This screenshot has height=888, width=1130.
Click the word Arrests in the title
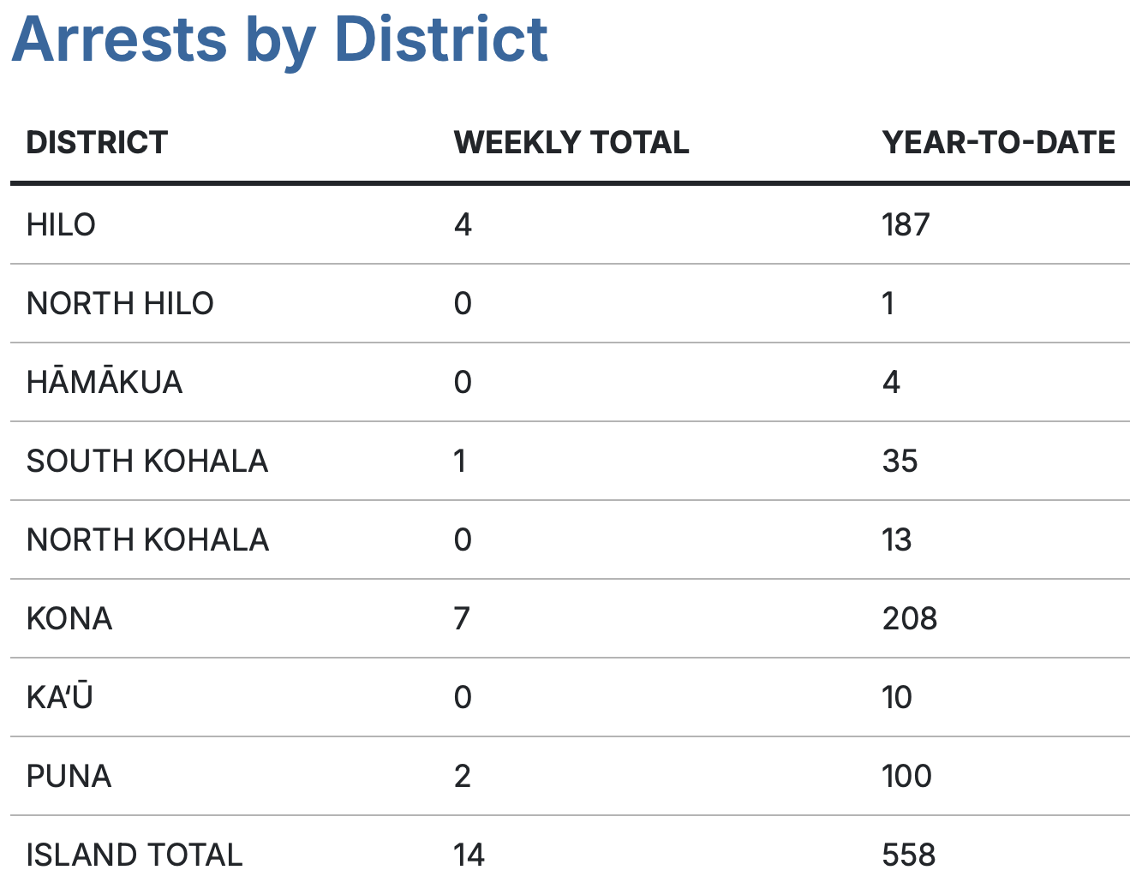[119, 39]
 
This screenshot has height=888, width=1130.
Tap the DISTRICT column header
[97, 142]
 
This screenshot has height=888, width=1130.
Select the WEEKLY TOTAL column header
[571, 142]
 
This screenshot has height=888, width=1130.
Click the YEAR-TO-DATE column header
[999, 142]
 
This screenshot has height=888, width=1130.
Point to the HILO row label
[61, 224]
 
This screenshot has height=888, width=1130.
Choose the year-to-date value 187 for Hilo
[906, 224]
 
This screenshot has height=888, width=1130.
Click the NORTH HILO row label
[120, 303]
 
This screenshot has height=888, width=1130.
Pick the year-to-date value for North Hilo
[888, 303]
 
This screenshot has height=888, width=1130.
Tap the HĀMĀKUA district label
[105, 382]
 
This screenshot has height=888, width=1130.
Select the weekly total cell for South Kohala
[461, 461]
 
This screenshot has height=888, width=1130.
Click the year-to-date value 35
[900, 461]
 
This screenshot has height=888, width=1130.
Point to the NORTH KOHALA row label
[147, 539]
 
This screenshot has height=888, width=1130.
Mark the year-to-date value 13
[897, 539]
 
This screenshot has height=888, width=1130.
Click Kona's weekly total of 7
[462, 618]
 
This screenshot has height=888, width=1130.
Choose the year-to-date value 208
[910, 618]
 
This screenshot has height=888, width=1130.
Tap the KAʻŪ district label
[59, 697]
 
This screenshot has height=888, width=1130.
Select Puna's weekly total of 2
[463, 776]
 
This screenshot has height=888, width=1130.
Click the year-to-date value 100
[906, 776]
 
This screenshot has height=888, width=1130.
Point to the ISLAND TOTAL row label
[135, 855]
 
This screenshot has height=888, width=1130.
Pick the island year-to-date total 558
[909, 855]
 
